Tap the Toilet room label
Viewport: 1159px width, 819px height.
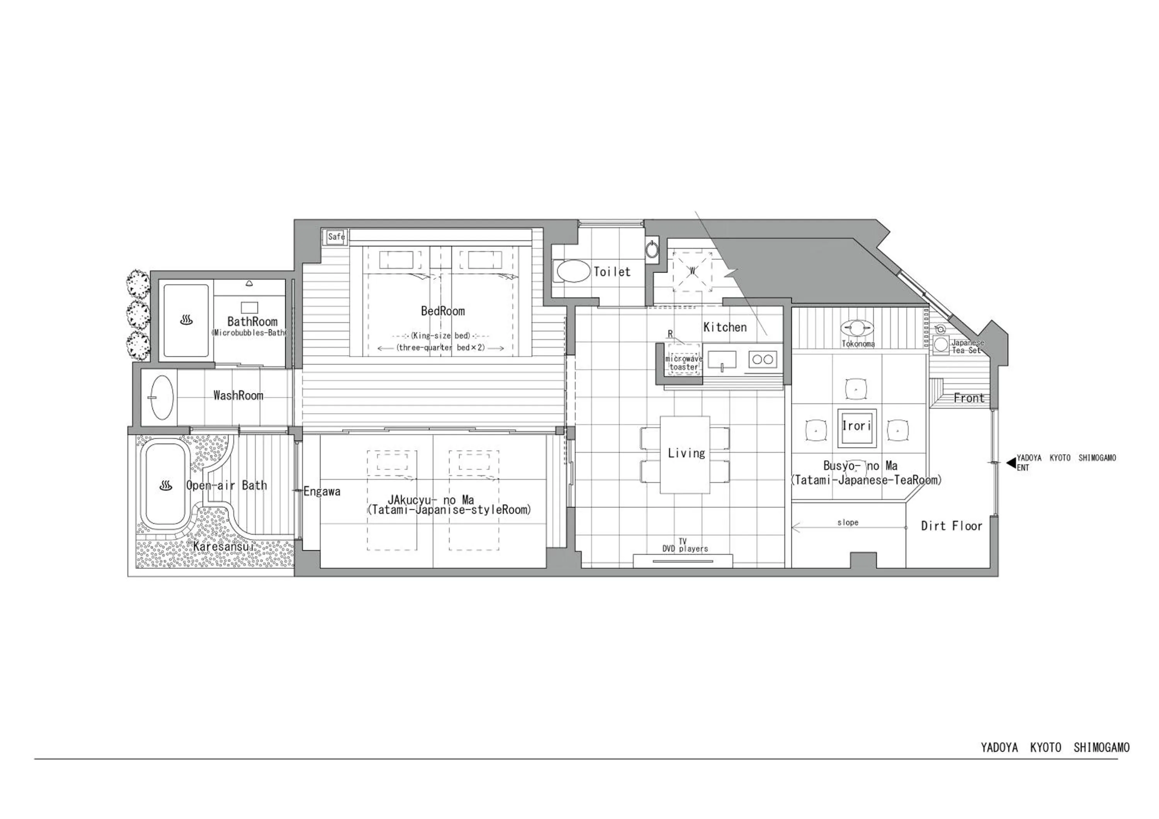612,272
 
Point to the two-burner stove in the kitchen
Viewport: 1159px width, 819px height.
762,359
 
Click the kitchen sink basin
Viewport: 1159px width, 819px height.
722,359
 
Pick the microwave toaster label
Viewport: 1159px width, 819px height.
684,363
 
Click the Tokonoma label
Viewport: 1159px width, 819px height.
858,344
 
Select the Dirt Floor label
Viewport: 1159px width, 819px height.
952,526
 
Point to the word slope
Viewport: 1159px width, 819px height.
848,523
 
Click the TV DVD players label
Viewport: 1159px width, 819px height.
685,545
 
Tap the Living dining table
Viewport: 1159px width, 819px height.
685,454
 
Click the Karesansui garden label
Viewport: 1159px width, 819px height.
222,547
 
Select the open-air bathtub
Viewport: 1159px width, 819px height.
165,485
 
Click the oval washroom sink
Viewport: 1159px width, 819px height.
162,397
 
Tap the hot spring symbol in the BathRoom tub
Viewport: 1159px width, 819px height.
186,320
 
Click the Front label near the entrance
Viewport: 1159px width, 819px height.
969,399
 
